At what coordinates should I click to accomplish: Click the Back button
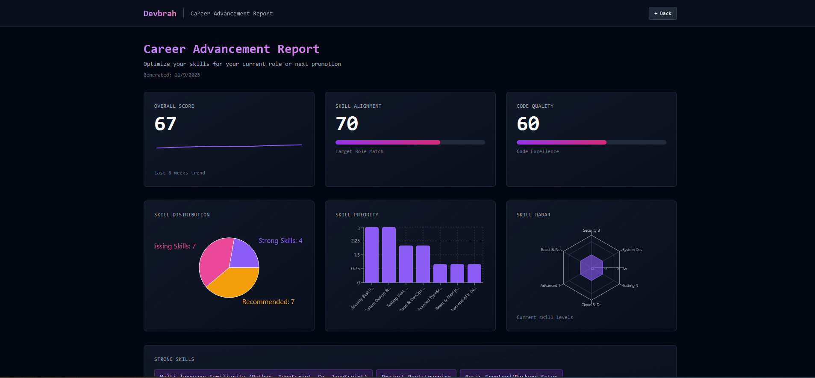coord(662,13)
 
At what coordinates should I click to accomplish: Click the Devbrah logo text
coord(160,13)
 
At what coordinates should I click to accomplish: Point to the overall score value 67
coord(165,124)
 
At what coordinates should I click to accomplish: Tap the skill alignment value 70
coord(347,124)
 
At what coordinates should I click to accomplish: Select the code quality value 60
coord(528,124)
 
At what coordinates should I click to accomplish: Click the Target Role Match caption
coord(359,151)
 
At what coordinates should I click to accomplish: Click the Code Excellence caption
coord(537,151)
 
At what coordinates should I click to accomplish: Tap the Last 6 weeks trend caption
coord(179,173)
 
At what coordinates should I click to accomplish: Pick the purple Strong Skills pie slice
coord(244,254)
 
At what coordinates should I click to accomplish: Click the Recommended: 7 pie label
coord(268,302)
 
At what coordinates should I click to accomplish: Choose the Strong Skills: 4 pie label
coord(280,241)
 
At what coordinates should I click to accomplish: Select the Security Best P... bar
coord(371,255)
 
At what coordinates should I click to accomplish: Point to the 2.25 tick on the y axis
coord(355,241)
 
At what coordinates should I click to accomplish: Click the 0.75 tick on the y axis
coord(355,269)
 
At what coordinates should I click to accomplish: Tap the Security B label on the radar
coord(591,230)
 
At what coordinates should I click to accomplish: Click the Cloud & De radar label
coord(591,305)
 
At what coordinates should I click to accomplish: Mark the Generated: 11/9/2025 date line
coord(171,75)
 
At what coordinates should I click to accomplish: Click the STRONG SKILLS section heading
coord(174,359)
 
